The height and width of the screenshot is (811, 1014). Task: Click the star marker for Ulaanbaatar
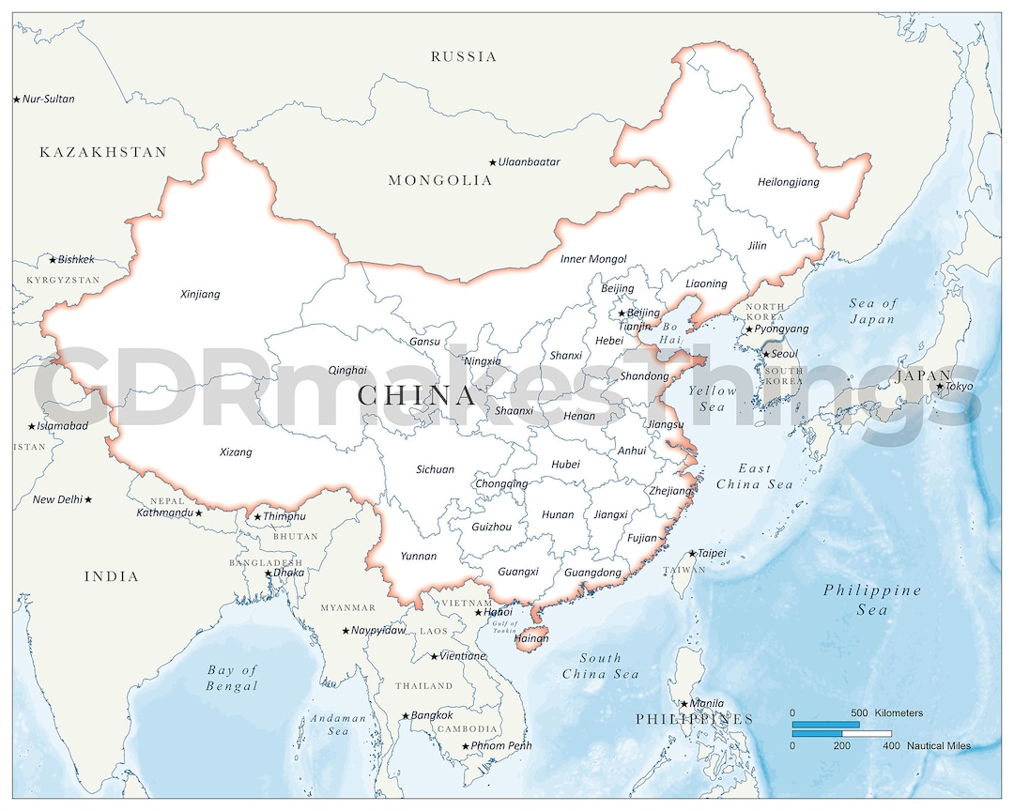pos(493,162)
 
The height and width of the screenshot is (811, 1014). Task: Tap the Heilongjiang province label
pos(788,182)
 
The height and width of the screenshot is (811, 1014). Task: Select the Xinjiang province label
pos(200,294)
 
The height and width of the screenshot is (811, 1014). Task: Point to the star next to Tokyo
pos(940,387)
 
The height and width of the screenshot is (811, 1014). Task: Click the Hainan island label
pos(531,638)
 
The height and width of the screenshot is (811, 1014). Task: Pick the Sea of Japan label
pos(872,311)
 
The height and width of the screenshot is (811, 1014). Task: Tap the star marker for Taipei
pos(693,554)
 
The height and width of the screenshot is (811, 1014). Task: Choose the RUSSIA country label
pos(464,56)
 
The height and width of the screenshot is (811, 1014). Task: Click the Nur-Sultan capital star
pos(16,99)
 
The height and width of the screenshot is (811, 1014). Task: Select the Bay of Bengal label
pos(232,678)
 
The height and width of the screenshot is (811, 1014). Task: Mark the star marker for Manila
pos(684,703)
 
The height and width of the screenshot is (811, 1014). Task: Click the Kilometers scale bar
pos(825,724)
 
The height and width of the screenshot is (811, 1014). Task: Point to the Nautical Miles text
pos(939,746)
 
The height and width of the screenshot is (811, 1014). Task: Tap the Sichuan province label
pos(435,469)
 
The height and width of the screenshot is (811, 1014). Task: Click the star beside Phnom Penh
pos(465,746)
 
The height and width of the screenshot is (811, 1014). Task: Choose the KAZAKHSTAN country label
pos(103,152)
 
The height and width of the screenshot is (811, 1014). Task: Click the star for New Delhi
pos(88,499)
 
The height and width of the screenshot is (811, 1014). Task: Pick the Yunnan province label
pos(418,556)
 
